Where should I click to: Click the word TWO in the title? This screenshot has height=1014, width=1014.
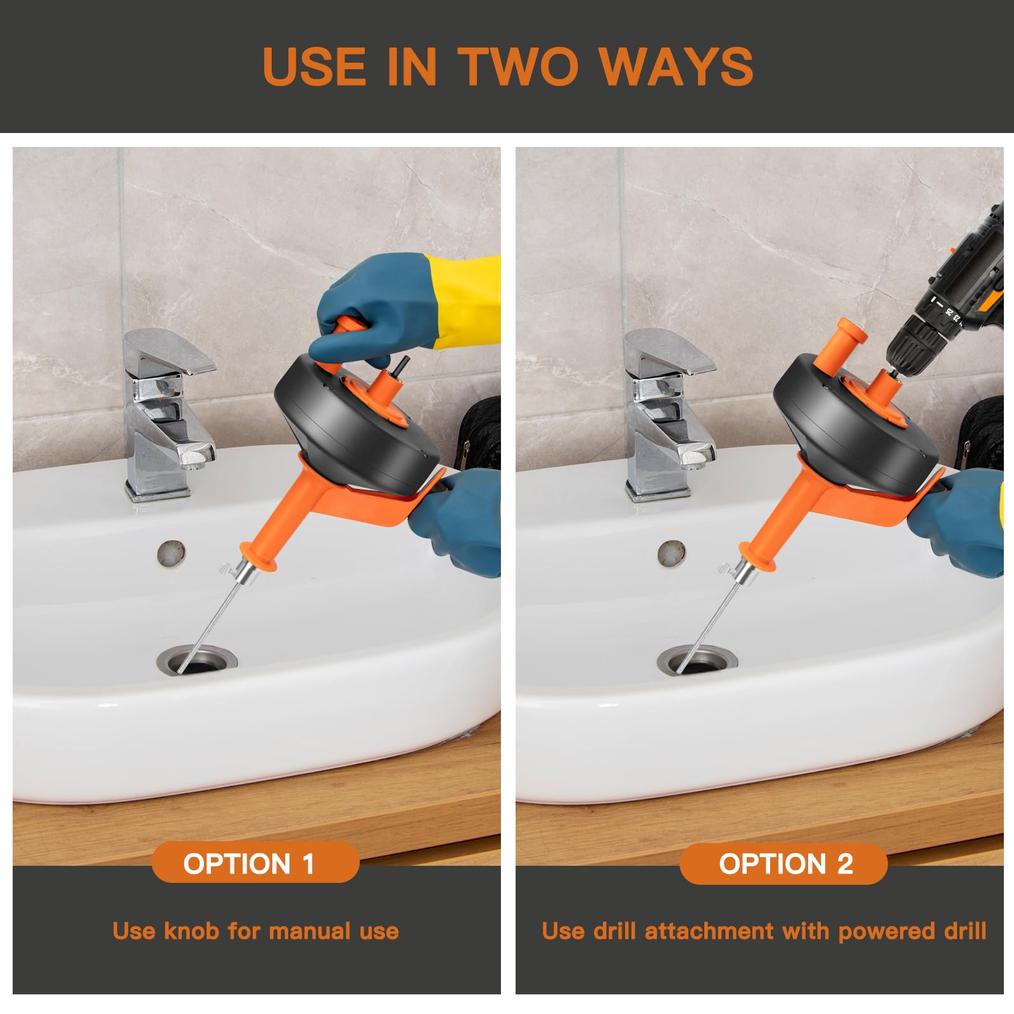[517, 66]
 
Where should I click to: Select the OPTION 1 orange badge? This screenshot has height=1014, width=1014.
[255, 863]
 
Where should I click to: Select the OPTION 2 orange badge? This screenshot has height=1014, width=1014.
[783, 863]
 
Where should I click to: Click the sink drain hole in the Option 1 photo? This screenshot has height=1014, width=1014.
[197, 659]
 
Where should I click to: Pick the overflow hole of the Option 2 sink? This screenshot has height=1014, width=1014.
[671, 553]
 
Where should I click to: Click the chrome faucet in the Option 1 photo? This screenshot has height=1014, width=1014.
[168, 415]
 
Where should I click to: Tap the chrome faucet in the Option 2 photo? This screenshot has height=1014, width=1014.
[669, 415]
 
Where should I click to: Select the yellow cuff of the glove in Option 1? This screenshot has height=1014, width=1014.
[466, 301]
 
